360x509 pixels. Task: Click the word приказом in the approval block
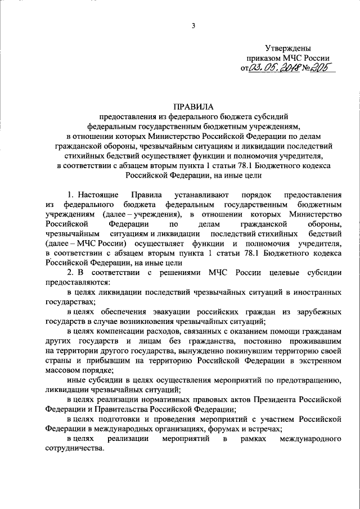[262, 58]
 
